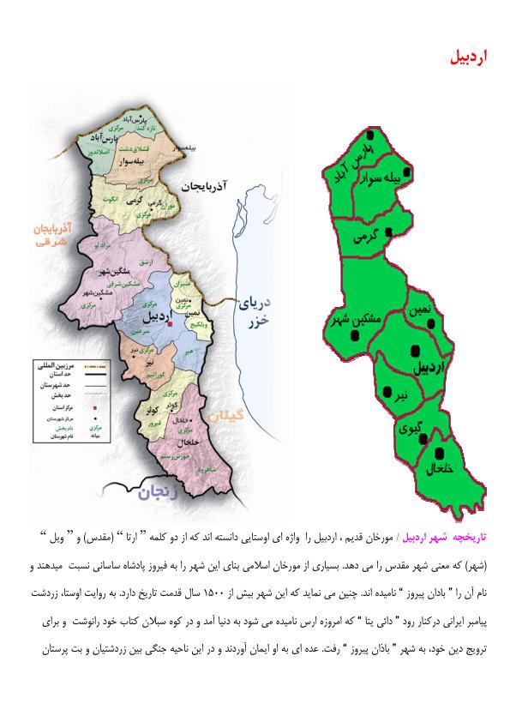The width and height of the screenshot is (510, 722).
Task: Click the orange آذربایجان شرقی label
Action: pyautogui.click(x=51, y=232)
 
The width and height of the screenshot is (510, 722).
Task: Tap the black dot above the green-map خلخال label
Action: pyautogui.click(x=440, y=454)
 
